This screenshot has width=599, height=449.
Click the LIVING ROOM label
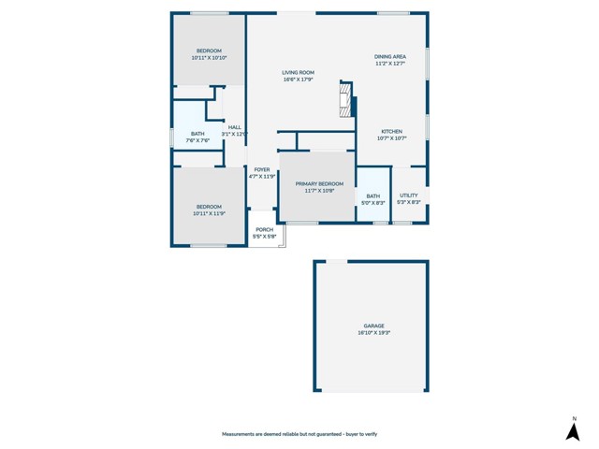[299, 72]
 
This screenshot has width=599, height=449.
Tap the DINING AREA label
[390, 56]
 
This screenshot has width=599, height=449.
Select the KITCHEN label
[391, 131]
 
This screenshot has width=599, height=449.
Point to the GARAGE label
[374, 326]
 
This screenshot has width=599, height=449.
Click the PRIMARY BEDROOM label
[319, 183]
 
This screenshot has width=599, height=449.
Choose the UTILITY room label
[409, 196]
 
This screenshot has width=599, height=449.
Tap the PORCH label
[265, 229]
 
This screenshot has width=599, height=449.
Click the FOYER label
[262, 169]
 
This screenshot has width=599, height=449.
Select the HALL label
[234, 127]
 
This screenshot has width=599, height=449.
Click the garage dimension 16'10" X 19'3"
[374, 332]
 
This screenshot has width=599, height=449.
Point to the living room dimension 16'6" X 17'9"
[299, 80]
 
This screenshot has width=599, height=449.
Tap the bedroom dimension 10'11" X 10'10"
[209, 58]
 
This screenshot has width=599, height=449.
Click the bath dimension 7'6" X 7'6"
[197, 141]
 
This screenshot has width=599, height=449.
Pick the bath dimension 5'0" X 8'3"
[373, 203]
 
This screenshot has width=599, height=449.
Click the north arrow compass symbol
[573, 429]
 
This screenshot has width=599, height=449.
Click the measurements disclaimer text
[299, 434]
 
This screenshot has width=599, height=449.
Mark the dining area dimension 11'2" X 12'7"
[390, 64]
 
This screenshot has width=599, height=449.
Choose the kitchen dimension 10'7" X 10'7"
[391, 138]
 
